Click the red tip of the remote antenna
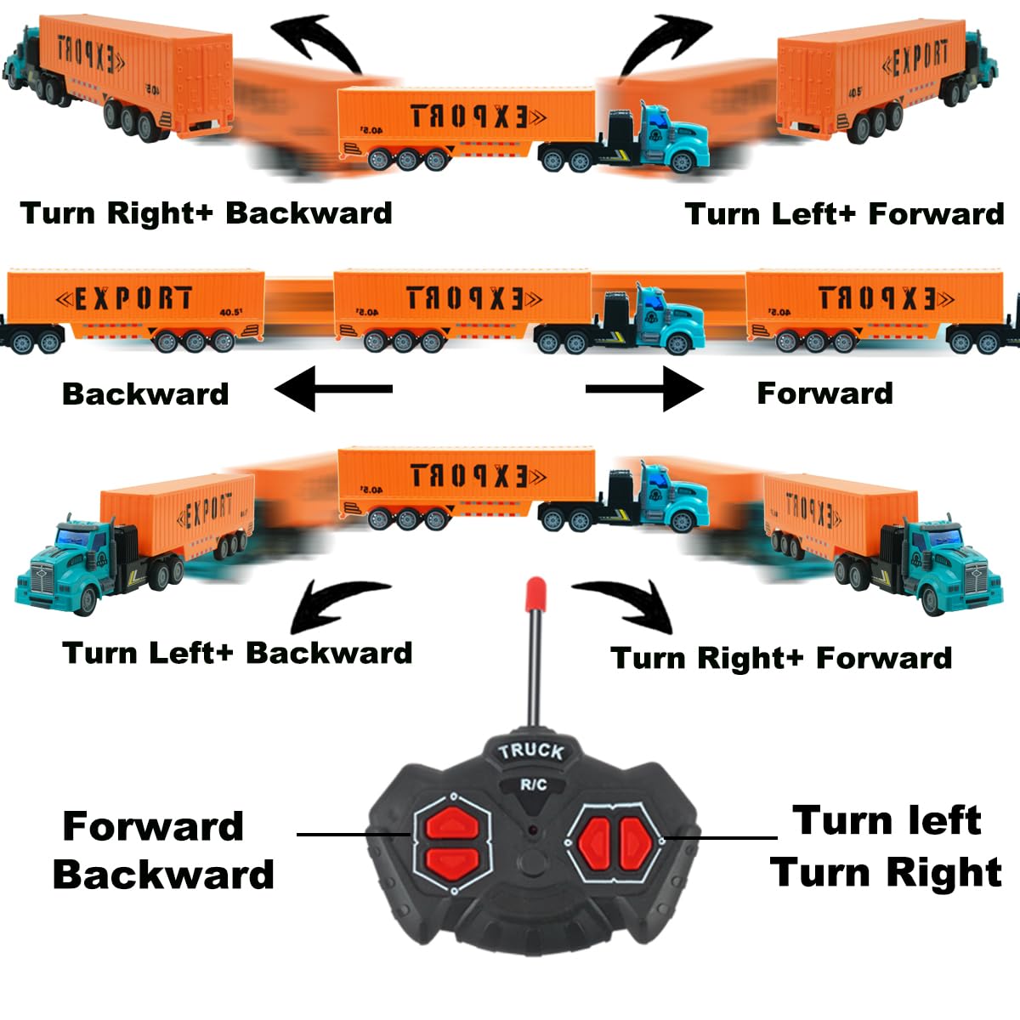click(535, 593)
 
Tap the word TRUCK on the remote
click(531, 751)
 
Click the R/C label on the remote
click(534, 785)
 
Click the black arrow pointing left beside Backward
click(333, 389)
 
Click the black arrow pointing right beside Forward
click(644, 389)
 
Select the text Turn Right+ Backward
click(206, 212)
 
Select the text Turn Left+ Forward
click(844, 213)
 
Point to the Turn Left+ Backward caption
click(237, 653)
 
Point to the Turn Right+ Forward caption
click(781, 658)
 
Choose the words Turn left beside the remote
click(887, 821)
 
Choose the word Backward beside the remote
click(163, 875)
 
